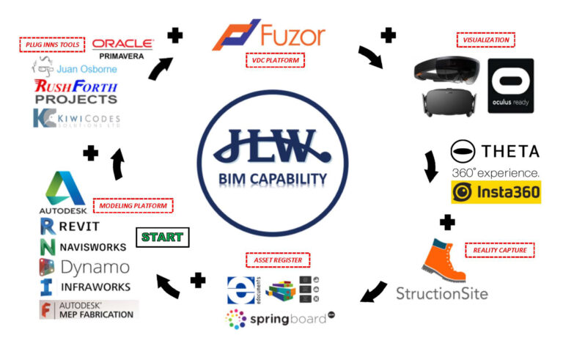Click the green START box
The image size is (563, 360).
pyautogui.click(x=163, y=238)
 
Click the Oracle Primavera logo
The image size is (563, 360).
pyautogui.click(x=122, y=48)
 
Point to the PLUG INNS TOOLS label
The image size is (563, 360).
pyautogui.click(x=52, y=45)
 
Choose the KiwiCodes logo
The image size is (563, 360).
pyautogui.click(x=77, y=117)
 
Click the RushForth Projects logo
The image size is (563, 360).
pyautogui.click(x=76, y=92)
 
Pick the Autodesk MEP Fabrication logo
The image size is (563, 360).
pyautogui.click(x=89, y=309)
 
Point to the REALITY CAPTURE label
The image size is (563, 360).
pyautogui.click(x=500, y=250)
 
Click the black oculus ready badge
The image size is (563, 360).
pyautogui.click(x=511, y=85)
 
